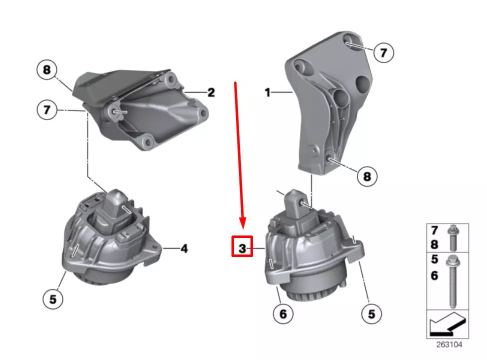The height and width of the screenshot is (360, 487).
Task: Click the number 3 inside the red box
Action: point(242,247)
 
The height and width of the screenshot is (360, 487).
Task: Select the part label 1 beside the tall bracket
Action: point(268,92)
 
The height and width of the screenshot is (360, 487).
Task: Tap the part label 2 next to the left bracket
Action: point(211,92)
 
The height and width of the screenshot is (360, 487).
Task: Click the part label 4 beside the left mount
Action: point(184,247)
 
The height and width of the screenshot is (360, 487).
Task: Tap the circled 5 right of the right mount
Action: point(371,313)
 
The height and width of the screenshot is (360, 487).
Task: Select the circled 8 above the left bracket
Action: point(47,70)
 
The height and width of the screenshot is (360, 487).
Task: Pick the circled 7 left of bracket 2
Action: point(47,109)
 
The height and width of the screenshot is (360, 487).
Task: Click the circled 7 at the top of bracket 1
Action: point(383,52)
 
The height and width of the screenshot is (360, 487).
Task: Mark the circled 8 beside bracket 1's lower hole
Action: point(367,176)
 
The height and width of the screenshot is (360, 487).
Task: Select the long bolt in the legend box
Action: point(453,280)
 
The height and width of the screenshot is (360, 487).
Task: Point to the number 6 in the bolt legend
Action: point(434,275)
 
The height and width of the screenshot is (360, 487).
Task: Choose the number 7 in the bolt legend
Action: point(434,230)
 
